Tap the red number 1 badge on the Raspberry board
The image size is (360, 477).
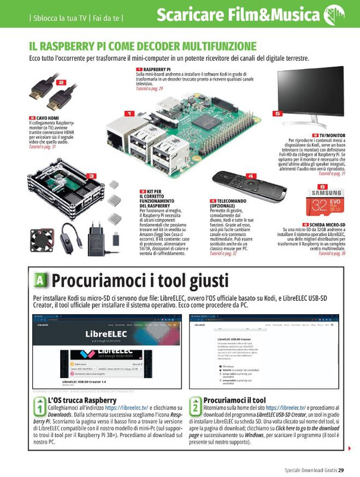(x=129, y=113)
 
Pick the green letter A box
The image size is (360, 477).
(x=40, y=280)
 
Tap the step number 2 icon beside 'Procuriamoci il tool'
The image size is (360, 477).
(x=195, y=407)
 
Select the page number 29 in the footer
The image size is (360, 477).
(x=340, y=470)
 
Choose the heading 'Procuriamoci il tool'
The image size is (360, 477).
(x=234, y=400)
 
